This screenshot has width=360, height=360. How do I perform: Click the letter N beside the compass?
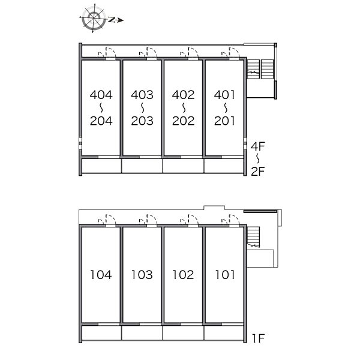[x=112, y=20]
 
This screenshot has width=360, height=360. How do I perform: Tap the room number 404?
[x=101, y=95]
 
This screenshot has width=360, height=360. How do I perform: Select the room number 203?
[x=142, y=121]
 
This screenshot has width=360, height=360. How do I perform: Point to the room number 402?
[x=183, y=95]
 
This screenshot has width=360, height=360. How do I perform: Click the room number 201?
[x=224, y=121]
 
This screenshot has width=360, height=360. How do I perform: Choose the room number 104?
[x=101, y=275]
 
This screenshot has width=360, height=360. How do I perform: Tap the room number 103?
[x=142, y=275]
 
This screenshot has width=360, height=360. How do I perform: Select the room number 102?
[x=183, y=275]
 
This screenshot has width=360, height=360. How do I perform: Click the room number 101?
[x=225, y=275]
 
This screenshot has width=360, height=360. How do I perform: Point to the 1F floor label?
[x=258, y=338]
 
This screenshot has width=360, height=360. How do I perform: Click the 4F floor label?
[x=258, y=146]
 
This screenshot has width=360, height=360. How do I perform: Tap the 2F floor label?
[x=258, y=171]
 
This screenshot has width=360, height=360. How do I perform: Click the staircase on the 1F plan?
[x=253, y=237]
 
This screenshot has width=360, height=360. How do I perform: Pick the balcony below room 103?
[x=142, y=333]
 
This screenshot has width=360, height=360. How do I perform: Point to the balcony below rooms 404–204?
[x=102, y=166]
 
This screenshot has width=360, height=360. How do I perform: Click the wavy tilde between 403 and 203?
[x=142, y=107]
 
